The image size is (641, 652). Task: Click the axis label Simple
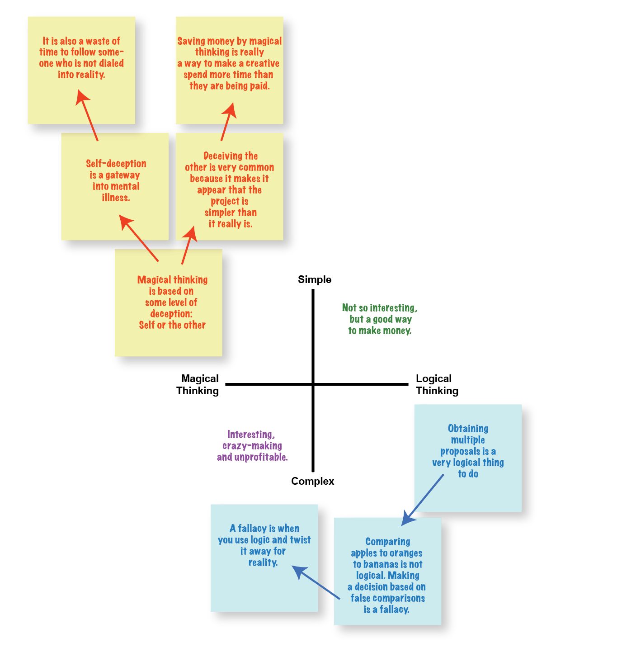pos(315,279)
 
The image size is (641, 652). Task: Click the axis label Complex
pos(312,481)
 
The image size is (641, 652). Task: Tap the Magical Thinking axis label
pos(197,384)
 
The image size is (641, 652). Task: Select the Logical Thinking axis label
pos(437,384)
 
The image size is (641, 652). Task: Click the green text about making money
pos(380,319)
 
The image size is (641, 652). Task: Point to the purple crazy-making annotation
pos(252,446)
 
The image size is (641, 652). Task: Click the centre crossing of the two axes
pos(313,384)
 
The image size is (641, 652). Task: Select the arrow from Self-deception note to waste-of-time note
pos(87,115)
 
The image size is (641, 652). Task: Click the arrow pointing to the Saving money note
pos(229,122)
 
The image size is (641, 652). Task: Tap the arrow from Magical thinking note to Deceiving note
pos(189,246)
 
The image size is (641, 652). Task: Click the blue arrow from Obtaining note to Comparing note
pos(422,500)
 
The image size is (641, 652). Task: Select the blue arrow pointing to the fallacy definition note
pos(316,582)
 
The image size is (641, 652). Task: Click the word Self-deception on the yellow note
pos(116,164)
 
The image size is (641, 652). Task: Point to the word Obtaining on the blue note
pos(468,428)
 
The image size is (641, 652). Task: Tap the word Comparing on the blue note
pos(387,542)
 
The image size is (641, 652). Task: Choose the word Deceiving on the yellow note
pos(231,156)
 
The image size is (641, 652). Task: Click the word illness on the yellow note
pos(116,198)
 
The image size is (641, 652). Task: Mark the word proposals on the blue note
pos(460,451)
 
